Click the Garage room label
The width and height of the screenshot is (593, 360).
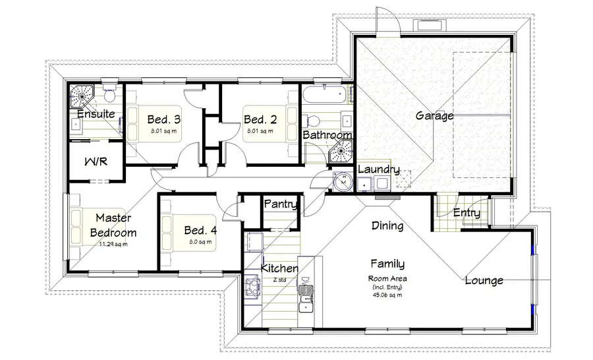pyautogui.click(x=435, y=115)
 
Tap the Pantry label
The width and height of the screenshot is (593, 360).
pyautogui.click(x=280, y=204)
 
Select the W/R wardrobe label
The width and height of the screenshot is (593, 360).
pyautogui.click(x=96, y=162)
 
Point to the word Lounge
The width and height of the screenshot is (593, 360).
pyautogui.click(x=484, y=280)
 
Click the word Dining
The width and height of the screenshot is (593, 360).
pyautogui.click(x=387, y=226)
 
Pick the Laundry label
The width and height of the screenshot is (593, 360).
pyautogui.click(x=379, y=169)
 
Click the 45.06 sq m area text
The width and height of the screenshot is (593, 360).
pyautogui.click(x=387, y=295)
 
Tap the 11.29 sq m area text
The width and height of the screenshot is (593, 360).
pyautogui.click(x=113, y=244)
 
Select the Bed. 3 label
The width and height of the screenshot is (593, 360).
pyautogui.click(x=164, y=119)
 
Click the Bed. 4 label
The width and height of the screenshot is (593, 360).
pyautogui.click(x=200, y=230)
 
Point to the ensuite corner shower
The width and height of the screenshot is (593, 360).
pyautogui.click(x=81, y=96)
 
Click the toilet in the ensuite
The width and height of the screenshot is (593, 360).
pyautogui.click(x=110, y=92)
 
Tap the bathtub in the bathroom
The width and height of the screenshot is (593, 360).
pyautogui.click(x=324, y=95)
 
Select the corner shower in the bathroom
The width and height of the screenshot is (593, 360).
pyautogui.click(x=341, y=152)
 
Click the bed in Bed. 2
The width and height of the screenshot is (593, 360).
pyautogui.click(x=269, y=123)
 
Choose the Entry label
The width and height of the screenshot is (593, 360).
pyautogui.click(x=466, y=213)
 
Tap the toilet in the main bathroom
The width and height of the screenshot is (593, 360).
pyautogui.click(x=312, y=121)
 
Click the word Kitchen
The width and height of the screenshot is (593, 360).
pyautogui.click(x=279, y=268)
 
